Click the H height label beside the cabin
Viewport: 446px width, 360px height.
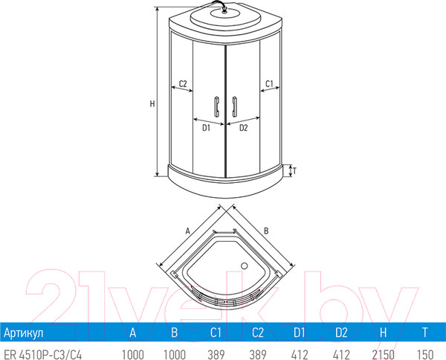tap(152, 103)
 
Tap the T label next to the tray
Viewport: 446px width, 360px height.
tap(295, 170)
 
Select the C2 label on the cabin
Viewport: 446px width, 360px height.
tap(181, 83)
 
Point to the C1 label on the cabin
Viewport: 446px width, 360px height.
tap(271, 83)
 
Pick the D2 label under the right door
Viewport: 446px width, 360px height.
tap(243, 128)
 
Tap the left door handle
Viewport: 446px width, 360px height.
tap(215, 107)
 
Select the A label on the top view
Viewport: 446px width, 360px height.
tap(189, 231)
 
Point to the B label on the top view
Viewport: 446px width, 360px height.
tap(265, 231)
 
